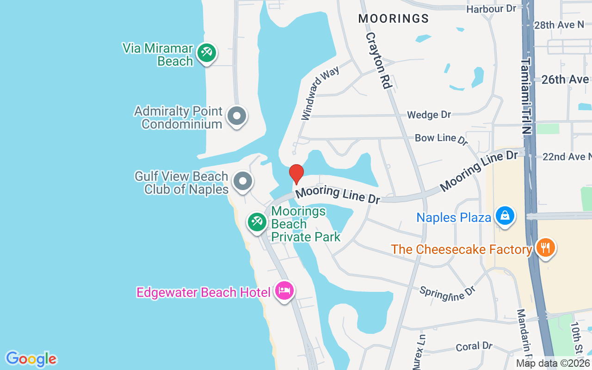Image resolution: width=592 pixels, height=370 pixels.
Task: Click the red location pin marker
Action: click(x=296, y=174)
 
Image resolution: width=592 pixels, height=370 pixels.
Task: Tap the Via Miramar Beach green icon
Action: click(x=206, y=53)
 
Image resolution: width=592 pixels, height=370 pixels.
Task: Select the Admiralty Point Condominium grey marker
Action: click(x=237, y=116)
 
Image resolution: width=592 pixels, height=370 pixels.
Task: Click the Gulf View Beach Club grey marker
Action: click(x=243, y=181)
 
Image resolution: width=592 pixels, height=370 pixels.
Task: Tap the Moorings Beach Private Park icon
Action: click(x=256, y=222)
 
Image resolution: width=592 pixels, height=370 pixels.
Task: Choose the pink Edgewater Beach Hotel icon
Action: click(x=284, y=291)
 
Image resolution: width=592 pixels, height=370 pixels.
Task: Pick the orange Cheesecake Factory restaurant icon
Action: click(x=546, y=248)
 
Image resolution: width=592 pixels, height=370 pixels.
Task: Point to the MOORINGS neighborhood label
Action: click(x=394, y=18)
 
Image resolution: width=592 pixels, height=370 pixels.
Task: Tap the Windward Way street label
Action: click(x=320, y=93)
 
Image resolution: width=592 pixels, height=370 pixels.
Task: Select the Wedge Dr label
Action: click(x=429, y=115)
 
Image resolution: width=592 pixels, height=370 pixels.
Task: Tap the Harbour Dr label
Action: click(x=491, y=9)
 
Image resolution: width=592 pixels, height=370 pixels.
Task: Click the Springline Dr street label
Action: click(x=447, y=292)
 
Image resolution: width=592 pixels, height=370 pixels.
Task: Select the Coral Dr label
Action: click(x=474, y=346)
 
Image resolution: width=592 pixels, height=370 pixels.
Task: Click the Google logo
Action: click(x=31, y=358)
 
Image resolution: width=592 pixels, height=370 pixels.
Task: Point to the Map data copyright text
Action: click(x=553, y=364)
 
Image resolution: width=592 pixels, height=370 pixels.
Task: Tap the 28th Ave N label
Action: click(x=559, y=25)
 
